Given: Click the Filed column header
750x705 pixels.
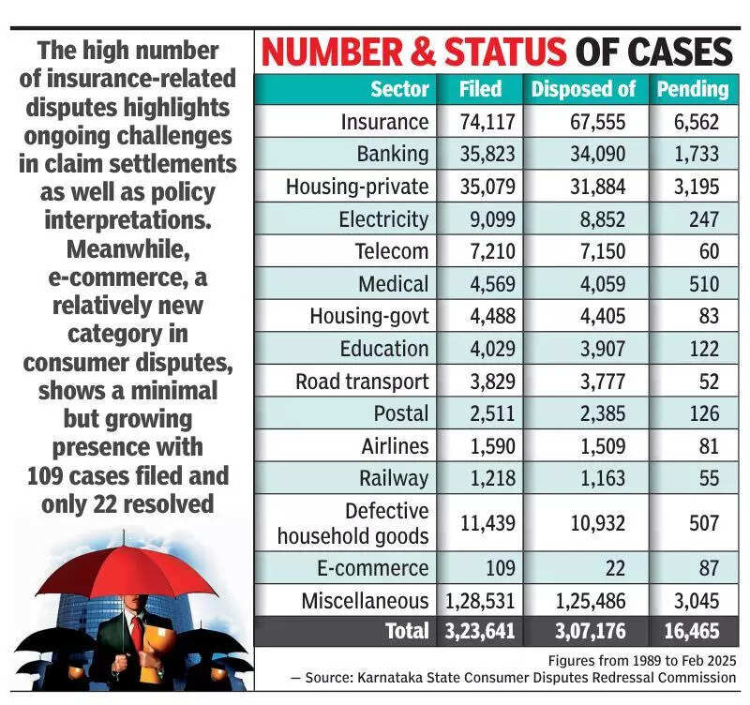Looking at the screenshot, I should tap(480, 89).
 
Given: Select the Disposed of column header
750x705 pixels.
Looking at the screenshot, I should tap(583, 89).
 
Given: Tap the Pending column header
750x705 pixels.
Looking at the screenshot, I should tap(692, 89).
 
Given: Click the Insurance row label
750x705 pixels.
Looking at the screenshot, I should tap(384, 122).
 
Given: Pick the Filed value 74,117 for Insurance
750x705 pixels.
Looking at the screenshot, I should tap(480, 122).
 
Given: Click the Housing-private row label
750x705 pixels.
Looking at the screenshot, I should tap(357, 187).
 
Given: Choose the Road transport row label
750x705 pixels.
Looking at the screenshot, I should tap(362, 382).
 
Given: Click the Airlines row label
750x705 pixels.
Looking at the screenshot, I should tap(394, 445).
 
